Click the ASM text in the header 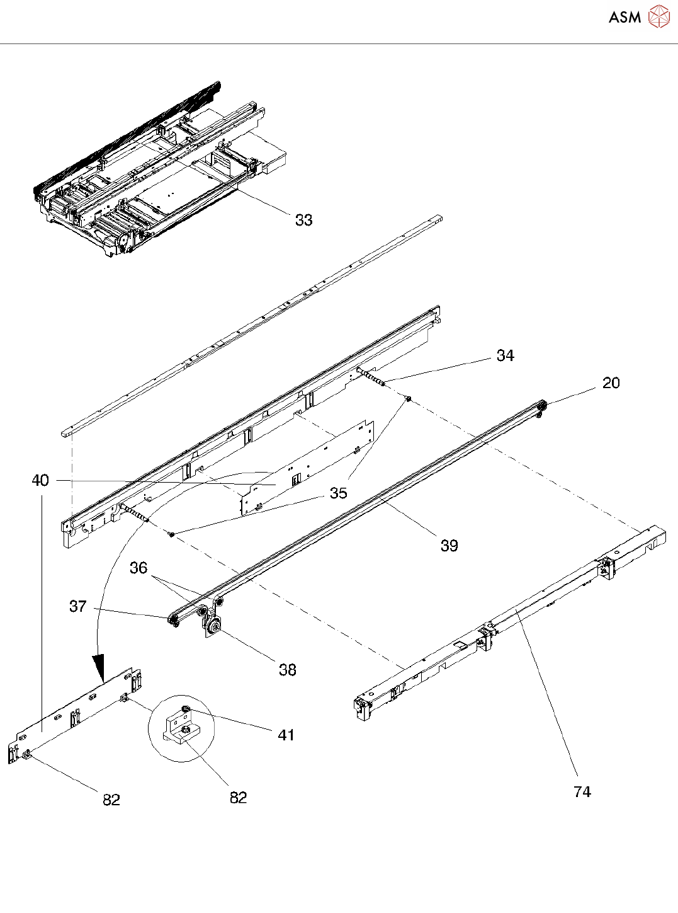[624, 17]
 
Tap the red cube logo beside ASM [659, 16]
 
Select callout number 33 [304, 220]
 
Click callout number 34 [505, 355]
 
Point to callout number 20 [611, 383]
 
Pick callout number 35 [339, 493]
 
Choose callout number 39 [449, 546]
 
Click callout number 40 [40, 481]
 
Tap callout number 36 [138, 568]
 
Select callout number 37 [77, 606]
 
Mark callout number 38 [288, 670]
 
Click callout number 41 [286, 735]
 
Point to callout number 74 [582, 792]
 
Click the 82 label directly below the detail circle [238, 798]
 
